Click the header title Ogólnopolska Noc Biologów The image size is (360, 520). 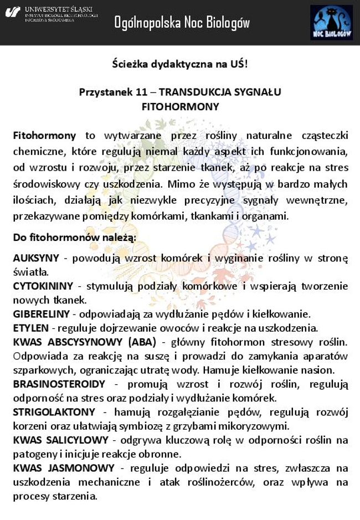[x=182, y=23]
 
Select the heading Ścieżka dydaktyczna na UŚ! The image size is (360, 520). [x=179, y=64]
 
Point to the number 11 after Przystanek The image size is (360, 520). [x=141, y=92]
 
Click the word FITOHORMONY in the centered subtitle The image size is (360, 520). [x=180, y=106]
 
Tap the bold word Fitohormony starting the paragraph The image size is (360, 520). [x=44, y=136]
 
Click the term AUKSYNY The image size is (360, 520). [x=34, y=258]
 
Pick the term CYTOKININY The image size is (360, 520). [x=43, y=286]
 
